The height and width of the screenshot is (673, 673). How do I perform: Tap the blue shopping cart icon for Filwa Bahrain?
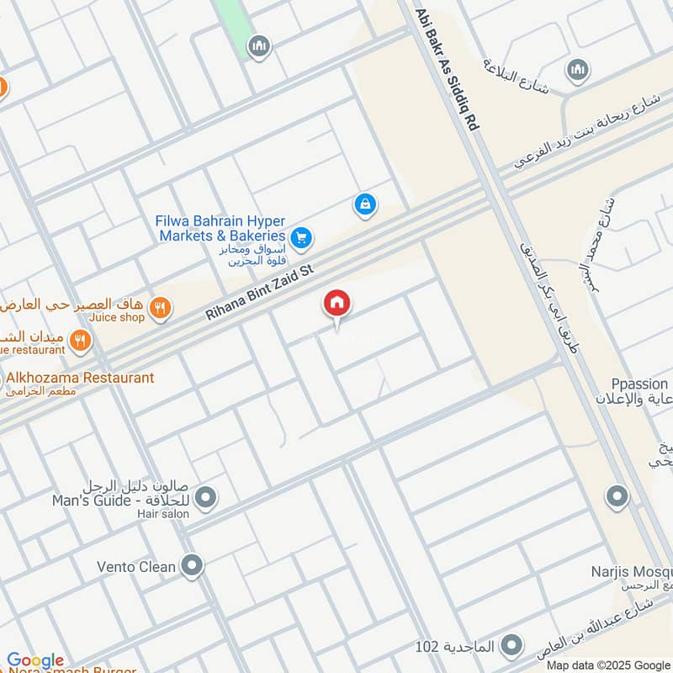(x=302, y=239)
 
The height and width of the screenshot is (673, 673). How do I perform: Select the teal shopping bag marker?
(x=364, y=204)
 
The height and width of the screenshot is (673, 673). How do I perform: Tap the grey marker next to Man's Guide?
(x=206, y=498)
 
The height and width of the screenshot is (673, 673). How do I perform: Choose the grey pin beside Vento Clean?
(x=193, y=565)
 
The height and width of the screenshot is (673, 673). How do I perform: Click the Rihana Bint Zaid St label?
(x=259, y=292)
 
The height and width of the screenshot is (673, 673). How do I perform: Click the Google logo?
(x=35, y=660)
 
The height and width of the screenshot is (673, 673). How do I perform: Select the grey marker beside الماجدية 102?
(x=510, y=646)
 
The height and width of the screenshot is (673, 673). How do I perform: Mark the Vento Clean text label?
(x=136, y=566)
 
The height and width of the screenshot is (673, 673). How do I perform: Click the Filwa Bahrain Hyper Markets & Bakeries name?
(x=220, y=228)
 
